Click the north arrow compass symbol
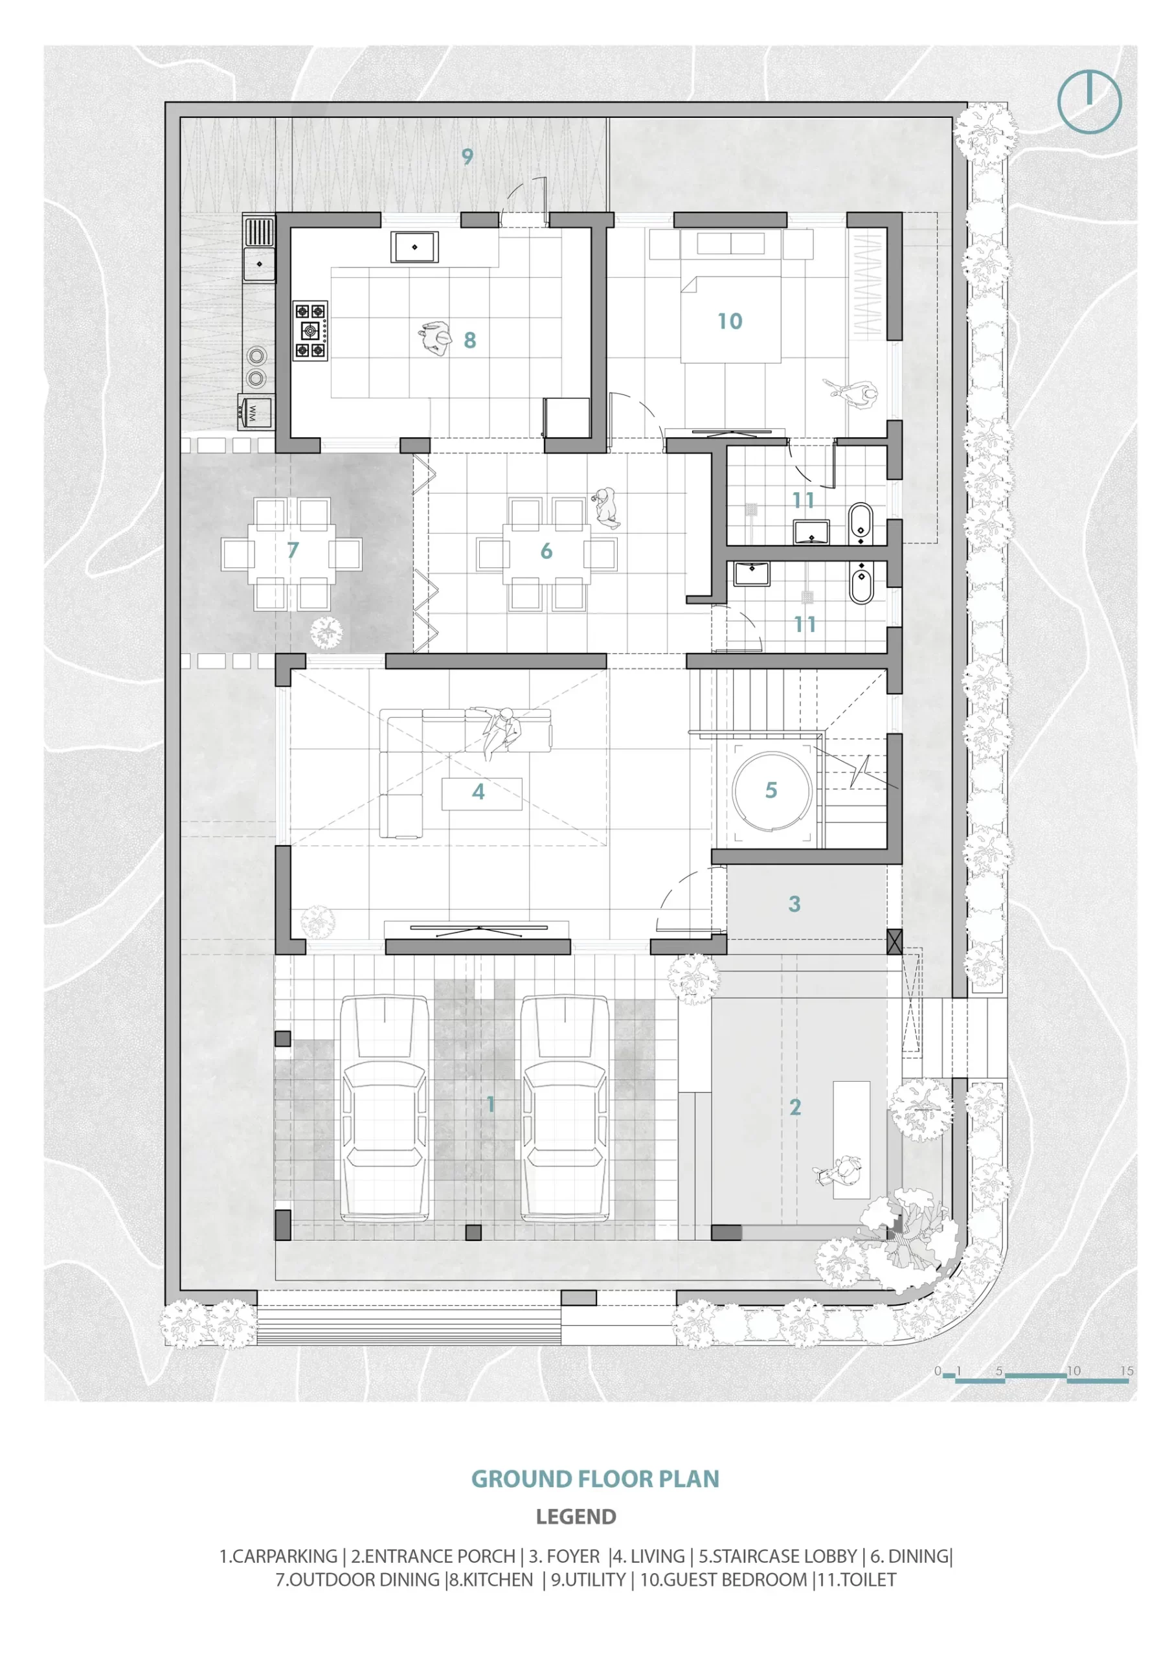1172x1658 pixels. [1089, 101]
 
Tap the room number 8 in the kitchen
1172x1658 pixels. [470, 340]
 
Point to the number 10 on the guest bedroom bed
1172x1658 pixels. [729, 321]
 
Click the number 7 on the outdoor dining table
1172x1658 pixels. [293, 550]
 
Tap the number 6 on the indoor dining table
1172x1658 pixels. [547, 551]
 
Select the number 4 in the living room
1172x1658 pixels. [478, 791]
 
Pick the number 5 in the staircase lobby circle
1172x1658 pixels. [771, 790]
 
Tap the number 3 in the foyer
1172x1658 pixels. [794, 903]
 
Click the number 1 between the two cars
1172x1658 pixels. [490, 1104]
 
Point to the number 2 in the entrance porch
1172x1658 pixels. [795, 1107]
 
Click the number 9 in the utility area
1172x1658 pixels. [468, 156]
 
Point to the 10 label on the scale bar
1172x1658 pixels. [1074, 1370]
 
